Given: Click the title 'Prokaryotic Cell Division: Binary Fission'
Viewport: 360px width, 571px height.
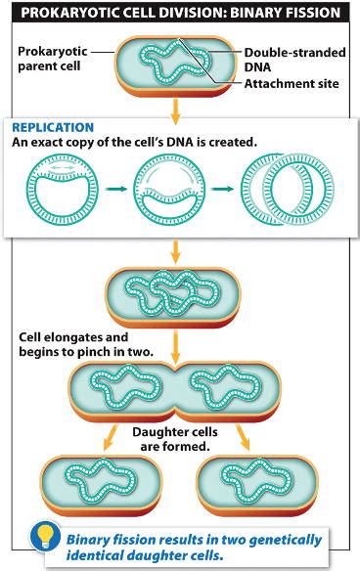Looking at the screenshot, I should pyautogui.click(x=181, y=13).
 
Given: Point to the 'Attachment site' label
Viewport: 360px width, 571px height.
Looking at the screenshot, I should pyautogui.click(x=292, y=84).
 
